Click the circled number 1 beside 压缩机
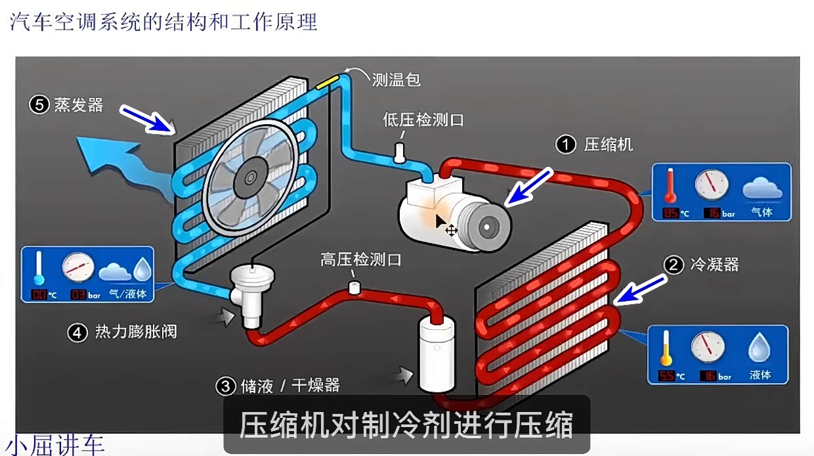tap(566, 145)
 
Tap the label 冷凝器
tap(714, 265)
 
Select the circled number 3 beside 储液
tap(226, 386)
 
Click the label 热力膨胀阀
tap(136, 332)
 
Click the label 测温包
tap(396, 80)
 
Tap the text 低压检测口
tap(424, 120)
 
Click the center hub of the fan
tap(250, 177)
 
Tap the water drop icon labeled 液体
tap(760, 348)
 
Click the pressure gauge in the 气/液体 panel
tap(78, 267)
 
